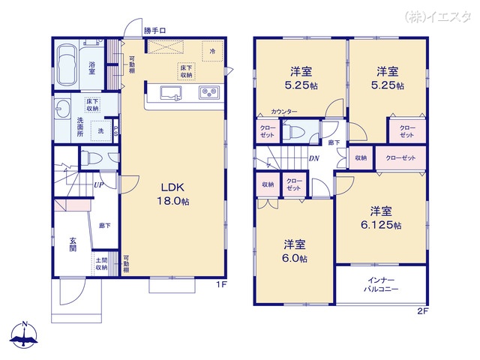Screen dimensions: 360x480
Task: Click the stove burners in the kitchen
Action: click(x=208, y=93)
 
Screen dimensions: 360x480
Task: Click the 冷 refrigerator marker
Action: click(x=213, y=51)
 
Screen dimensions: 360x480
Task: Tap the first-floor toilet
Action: click(x=92, y=158)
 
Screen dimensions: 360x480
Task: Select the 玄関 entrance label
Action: click(x=73, y=245)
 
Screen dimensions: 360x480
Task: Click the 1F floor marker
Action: click(x=221, y=285)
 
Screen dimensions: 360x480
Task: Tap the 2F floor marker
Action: click(x=423, y=310)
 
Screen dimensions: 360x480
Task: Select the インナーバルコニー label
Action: click(x=381, y=284)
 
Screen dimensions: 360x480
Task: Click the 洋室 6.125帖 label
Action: click(x=380, y=218)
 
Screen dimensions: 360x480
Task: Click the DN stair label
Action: click(x=315, y=159)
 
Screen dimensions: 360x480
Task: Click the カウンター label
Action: click(x=284, y=112)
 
